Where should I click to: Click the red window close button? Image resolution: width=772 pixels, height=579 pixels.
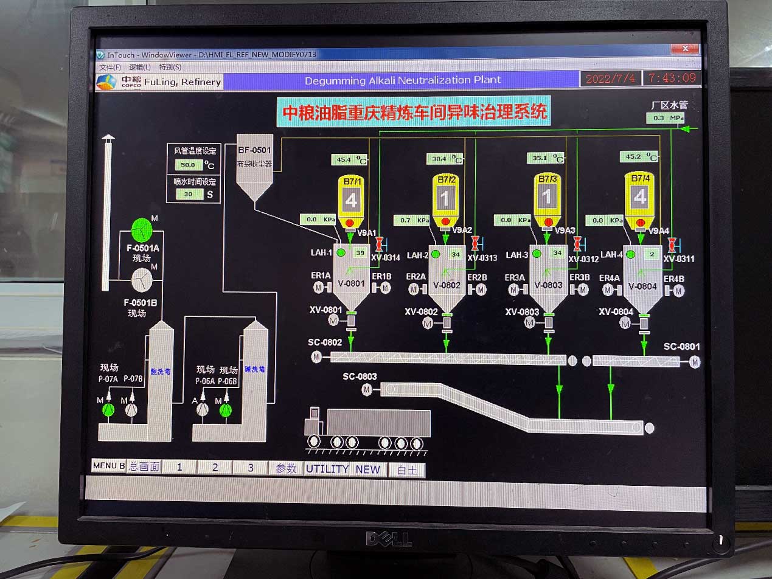pos(686,49)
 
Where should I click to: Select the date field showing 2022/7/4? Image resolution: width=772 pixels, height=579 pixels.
pos(610,78)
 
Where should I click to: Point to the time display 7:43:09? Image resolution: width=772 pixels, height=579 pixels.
pos(672,78)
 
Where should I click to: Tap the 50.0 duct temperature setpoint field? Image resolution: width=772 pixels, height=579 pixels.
pos(188,165)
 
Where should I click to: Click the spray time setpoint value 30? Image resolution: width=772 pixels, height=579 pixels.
pos(188,195)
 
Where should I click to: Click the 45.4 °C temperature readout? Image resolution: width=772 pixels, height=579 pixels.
pos(344,160)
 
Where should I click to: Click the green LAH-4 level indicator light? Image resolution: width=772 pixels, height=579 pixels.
pos(630,254)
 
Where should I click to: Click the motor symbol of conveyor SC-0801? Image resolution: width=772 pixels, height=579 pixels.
pos(695,362)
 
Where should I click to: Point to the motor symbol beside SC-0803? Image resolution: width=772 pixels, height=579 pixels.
pos(367,389)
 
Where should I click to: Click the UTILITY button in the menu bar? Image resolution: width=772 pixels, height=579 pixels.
pos(327,469)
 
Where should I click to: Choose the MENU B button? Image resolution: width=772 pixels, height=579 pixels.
pos(108,466)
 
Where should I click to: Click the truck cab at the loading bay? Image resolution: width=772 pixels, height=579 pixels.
pos(314,420)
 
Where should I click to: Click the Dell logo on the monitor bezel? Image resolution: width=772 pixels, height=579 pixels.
pos(389,538)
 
